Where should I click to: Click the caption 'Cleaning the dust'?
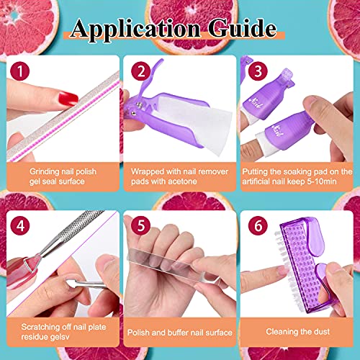pyautogui.click(x=296, y=333)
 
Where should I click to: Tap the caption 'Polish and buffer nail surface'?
pyautogui.click(x=179, y=333)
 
